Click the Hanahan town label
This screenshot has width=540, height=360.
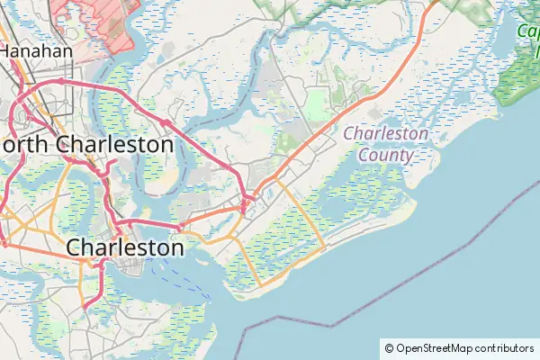point(36,51)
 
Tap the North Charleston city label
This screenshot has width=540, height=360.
point(88,144)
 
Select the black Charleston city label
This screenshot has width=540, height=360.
point(126,246)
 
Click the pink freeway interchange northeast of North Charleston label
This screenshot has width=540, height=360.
point(166,121)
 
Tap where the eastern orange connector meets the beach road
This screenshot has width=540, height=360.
point(324,245)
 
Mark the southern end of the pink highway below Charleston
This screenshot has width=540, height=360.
point(85,307)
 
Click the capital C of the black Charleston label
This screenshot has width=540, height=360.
point(76,247)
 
